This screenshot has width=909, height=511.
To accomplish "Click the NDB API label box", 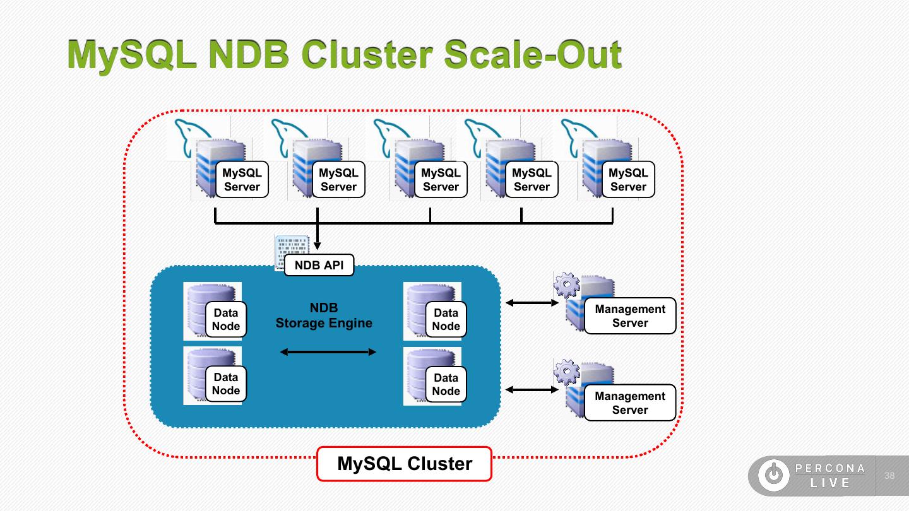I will pos(319,266).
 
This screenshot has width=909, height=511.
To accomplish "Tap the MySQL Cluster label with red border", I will pos(404,464).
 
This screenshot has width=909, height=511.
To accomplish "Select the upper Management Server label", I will pos(629,316).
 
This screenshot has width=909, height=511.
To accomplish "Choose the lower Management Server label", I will pos(629,403).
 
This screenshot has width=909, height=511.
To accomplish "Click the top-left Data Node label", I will pos(225,320).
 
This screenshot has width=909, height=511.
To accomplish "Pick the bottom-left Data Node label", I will pos(225,384).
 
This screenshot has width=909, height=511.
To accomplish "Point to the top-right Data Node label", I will pos(446,320).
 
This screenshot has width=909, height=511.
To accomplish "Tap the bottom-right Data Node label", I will pos(446,384).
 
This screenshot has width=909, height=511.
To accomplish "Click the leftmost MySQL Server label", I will pos(242,180).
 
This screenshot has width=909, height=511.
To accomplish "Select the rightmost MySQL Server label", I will pos(628,180).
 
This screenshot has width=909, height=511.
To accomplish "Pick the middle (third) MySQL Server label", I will pos(441,180).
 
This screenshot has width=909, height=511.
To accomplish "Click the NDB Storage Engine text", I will pos(324,315).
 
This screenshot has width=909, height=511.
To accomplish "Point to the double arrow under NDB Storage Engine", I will pos(328,352).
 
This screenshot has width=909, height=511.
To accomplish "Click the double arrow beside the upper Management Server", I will pos(532,303).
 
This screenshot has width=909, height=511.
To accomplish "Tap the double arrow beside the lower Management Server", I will pos(532,390).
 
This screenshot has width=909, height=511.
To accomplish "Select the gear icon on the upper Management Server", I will pos(566,285).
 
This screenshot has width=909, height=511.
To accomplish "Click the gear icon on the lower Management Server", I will pos(566,372).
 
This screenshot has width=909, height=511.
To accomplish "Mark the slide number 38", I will pos(889,476).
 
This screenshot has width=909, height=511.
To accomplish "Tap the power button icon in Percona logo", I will pos(773,476).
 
